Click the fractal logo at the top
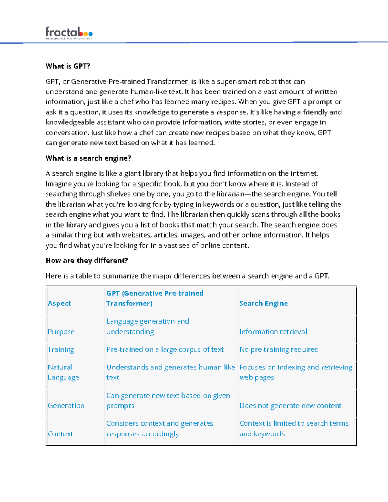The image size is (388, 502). click(x=69, y=33)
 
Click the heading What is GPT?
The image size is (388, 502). click(x=68, y=66)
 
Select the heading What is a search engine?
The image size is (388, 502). click(x=88, y=158)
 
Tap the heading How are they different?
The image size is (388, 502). click(x=87, y=261)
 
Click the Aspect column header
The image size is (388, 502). click(x=59, y=303)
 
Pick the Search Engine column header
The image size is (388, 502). click(x=264, y=303)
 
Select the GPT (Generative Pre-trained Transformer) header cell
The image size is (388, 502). click(x=155, y=298)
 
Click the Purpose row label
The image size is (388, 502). click(x=61, y=332)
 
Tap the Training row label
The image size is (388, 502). click(x=61, y=349)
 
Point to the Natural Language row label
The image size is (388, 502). click(x=63, y=372)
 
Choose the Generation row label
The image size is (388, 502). click(x=66, y=406)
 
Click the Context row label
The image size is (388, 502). click(x=60, y=434)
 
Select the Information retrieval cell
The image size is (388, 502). click(x=273, y=332)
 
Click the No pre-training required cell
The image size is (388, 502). click(x=279, y=349)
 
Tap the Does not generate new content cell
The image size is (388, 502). click(x=290, y=406)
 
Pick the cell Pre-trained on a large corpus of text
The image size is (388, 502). click(x=165, y=349)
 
